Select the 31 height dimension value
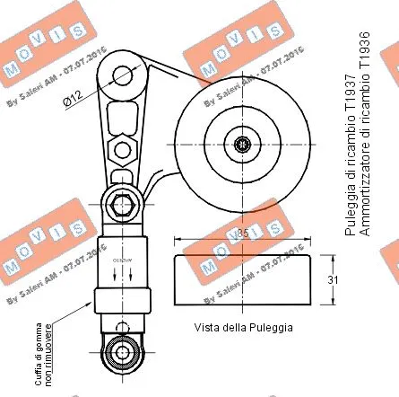333,281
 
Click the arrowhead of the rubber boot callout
94,299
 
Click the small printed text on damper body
115,260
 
